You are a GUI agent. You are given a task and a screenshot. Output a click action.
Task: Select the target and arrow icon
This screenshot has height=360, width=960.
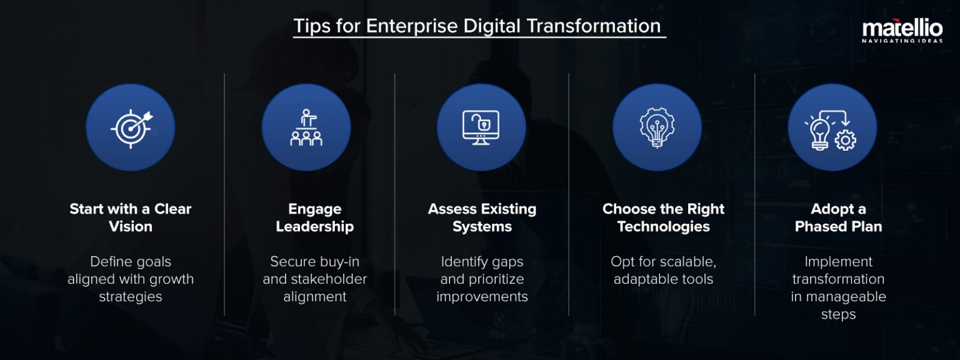[131, 127]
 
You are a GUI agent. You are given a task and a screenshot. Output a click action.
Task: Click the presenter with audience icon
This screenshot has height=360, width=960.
[306, 127]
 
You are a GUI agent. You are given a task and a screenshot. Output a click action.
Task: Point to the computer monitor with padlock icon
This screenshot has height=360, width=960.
[481, 127]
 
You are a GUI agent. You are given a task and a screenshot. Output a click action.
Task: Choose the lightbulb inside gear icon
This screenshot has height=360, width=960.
[657, 127]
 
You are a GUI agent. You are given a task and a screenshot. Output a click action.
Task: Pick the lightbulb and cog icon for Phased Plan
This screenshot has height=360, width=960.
[832, 127]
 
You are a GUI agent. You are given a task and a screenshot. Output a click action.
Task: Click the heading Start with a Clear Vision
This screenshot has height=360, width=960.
[131, 217]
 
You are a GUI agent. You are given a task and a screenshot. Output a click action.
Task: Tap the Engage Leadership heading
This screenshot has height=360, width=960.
[315, 217]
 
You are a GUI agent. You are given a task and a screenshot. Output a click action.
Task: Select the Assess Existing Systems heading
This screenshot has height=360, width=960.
[482, 217]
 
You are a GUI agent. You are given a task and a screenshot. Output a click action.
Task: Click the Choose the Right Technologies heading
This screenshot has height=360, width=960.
[663, 217]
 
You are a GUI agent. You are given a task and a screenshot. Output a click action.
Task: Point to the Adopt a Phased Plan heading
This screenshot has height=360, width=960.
[838, 217]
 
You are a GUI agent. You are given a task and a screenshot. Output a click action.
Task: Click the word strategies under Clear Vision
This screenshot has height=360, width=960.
[131, 297]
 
